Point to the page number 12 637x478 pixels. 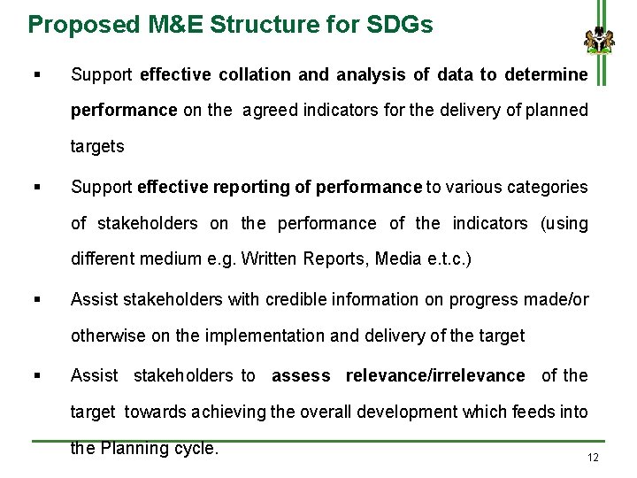pyautogui.click(x=593, y=458)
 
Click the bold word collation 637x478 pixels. pyautogui.click(x=250, y=74)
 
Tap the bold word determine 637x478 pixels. pyautogui.click(x=546, y=74)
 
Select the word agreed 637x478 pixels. pyautogui.click(x=269, y=110)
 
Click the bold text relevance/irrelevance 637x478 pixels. pyautogui.click(x=435, y=375)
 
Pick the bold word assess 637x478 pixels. pyautogui.click(x=301, y=375)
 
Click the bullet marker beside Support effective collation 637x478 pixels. pyautogui.click(x=36, y=74)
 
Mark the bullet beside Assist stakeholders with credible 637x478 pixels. pyautogui.click(x=36, y=299)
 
